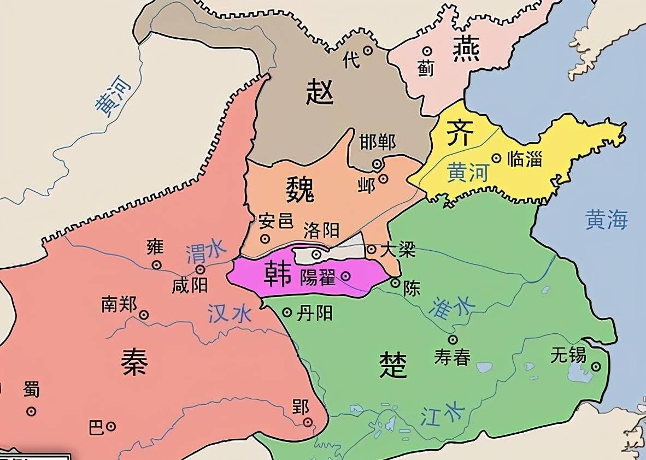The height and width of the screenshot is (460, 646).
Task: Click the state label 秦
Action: [134, 362]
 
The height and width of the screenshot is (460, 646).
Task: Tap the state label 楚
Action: [393, 364]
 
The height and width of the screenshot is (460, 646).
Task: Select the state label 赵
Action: [320, 91]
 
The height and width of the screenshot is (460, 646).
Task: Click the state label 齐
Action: [459, 133]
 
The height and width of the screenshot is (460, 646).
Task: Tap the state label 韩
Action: [278, 275]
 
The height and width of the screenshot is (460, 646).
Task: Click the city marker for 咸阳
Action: [201, 269]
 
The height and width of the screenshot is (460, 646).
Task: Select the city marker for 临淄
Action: [496, 158]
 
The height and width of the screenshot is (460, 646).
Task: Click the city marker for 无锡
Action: [596, 367]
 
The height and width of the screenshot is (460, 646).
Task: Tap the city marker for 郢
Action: [308, 422]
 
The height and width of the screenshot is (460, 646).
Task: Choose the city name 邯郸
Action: [377, 143]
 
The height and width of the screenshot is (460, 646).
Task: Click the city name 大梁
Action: [398, 250]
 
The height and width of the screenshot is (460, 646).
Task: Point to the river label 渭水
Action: [206, 252]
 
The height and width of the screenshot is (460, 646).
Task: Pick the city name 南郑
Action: [119, 304]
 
